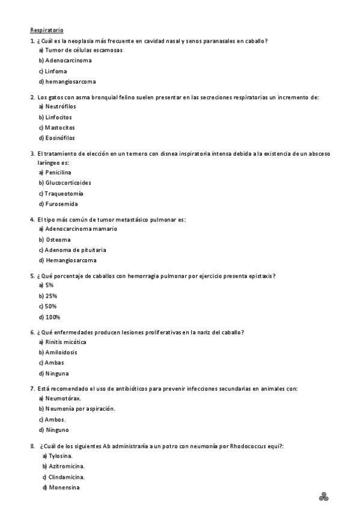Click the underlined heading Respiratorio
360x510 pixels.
(47, 29)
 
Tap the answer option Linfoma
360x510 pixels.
(52, 71)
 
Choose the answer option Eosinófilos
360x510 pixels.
(56, 138)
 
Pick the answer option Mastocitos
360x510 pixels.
(56, 127)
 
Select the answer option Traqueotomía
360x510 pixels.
(60, 194)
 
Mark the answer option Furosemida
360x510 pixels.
(58, 204)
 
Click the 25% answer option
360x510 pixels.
(47, 296)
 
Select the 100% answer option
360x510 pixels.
(49, 317)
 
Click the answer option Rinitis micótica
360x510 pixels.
(61, 342)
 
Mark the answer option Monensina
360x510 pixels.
(61, 487)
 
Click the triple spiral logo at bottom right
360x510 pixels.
(325, 496)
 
